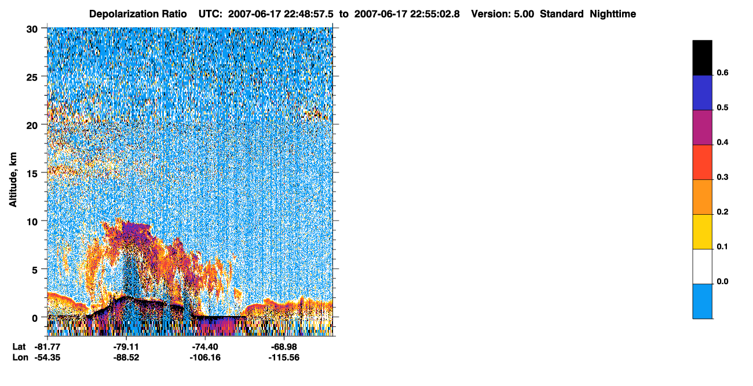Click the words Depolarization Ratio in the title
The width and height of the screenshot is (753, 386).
138,14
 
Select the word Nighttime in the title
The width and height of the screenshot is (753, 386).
612,14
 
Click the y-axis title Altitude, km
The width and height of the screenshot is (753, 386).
13,179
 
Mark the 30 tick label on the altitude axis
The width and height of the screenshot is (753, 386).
32,30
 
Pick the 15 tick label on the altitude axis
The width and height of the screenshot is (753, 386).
32,173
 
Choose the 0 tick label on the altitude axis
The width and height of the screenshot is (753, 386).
35,318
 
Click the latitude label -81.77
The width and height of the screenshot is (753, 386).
47,347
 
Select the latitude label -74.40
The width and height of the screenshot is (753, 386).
205,347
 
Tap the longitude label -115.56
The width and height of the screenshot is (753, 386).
284,357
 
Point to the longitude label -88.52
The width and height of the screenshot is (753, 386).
126,357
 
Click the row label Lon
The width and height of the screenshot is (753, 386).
20,357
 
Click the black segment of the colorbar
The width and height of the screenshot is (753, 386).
702,57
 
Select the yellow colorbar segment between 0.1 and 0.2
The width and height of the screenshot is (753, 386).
702,232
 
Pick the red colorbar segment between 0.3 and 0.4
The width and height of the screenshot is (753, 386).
702,162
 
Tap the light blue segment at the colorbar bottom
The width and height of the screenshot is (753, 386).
702,302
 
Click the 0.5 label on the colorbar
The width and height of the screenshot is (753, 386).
722,108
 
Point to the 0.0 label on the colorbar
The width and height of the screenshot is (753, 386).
722,281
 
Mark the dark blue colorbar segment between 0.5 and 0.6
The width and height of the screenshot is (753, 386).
702,93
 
